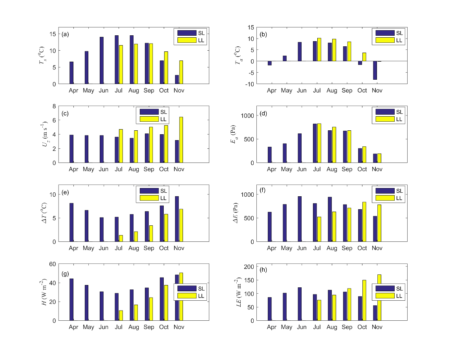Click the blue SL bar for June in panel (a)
pyautogui.click(x=102, y=60)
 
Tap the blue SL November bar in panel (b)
pyautogui.click(x=375, y=70)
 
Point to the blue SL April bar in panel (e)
pyautogui.click(x=71, y=222)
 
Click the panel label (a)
pyautogui.click(x=65, y=34)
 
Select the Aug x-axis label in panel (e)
pyautogui.click(x=134, y=249)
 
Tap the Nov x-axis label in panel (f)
pyautogui.click(x=377, y=249)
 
